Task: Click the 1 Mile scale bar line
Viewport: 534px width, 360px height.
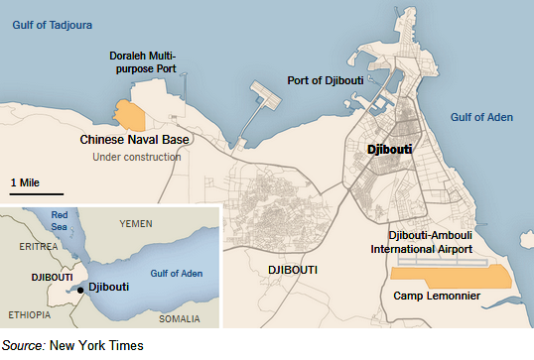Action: pyautogui.click(x=37, y=193)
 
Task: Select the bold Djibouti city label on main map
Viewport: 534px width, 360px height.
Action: pyautogui.click(x=389, y=150)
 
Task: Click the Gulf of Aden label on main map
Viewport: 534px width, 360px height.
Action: pyautogui.click(x=481, y=117)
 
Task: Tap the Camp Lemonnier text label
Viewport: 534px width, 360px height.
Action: pyautogui.click(x=439, y=297)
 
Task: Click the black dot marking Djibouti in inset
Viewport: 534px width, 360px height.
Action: pyautogui.click(x=80, y=288)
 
